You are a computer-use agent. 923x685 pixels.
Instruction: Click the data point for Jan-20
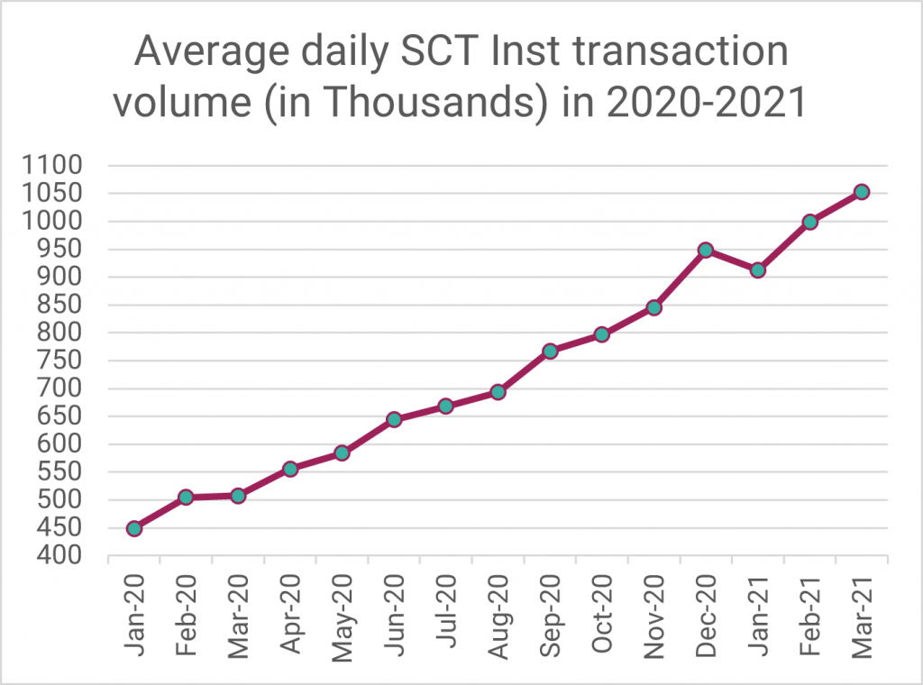point(134,528)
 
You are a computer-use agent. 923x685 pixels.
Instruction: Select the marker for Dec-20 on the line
point(706,250)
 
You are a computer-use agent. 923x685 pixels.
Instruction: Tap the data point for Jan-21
point(758,269)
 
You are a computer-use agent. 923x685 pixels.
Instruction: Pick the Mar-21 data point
point(862,192)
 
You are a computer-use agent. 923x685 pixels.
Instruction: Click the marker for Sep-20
point(550,351)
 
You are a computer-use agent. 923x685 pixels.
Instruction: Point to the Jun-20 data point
point(394,419)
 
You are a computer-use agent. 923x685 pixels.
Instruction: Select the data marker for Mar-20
point(238,496)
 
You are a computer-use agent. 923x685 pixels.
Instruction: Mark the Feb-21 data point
point(809,222)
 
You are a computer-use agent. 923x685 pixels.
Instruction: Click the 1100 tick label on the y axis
point(57,166)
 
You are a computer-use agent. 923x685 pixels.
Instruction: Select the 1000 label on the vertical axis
point(57,222)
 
